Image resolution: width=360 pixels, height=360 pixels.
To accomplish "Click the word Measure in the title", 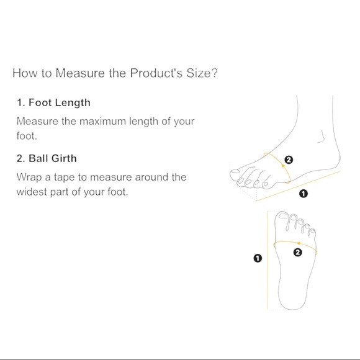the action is point(80,73).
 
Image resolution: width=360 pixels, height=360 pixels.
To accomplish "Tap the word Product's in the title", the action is point(156,73).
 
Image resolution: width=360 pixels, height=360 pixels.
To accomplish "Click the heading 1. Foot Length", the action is point(53,103).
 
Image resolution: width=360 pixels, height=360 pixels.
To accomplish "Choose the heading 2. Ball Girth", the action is point(47,158).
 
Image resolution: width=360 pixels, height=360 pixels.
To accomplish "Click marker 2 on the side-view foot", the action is point(289,160).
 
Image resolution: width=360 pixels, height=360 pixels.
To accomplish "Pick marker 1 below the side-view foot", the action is point(304,194).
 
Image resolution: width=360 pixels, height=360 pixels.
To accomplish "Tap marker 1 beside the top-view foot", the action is point(258,258).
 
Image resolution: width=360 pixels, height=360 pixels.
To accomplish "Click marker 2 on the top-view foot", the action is point(297,253).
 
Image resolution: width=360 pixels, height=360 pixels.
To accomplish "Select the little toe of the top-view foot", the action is point(312,232).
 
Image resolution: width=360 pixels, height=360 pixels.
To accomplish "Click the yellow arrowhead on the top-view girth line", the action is point(299,243).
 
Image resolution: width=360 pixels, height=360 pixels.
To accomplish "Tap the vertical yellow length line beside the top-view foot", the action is point(268,260).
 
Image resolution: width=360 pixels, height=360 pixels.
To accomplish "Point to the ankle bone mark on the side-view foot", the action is point(321,137).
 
